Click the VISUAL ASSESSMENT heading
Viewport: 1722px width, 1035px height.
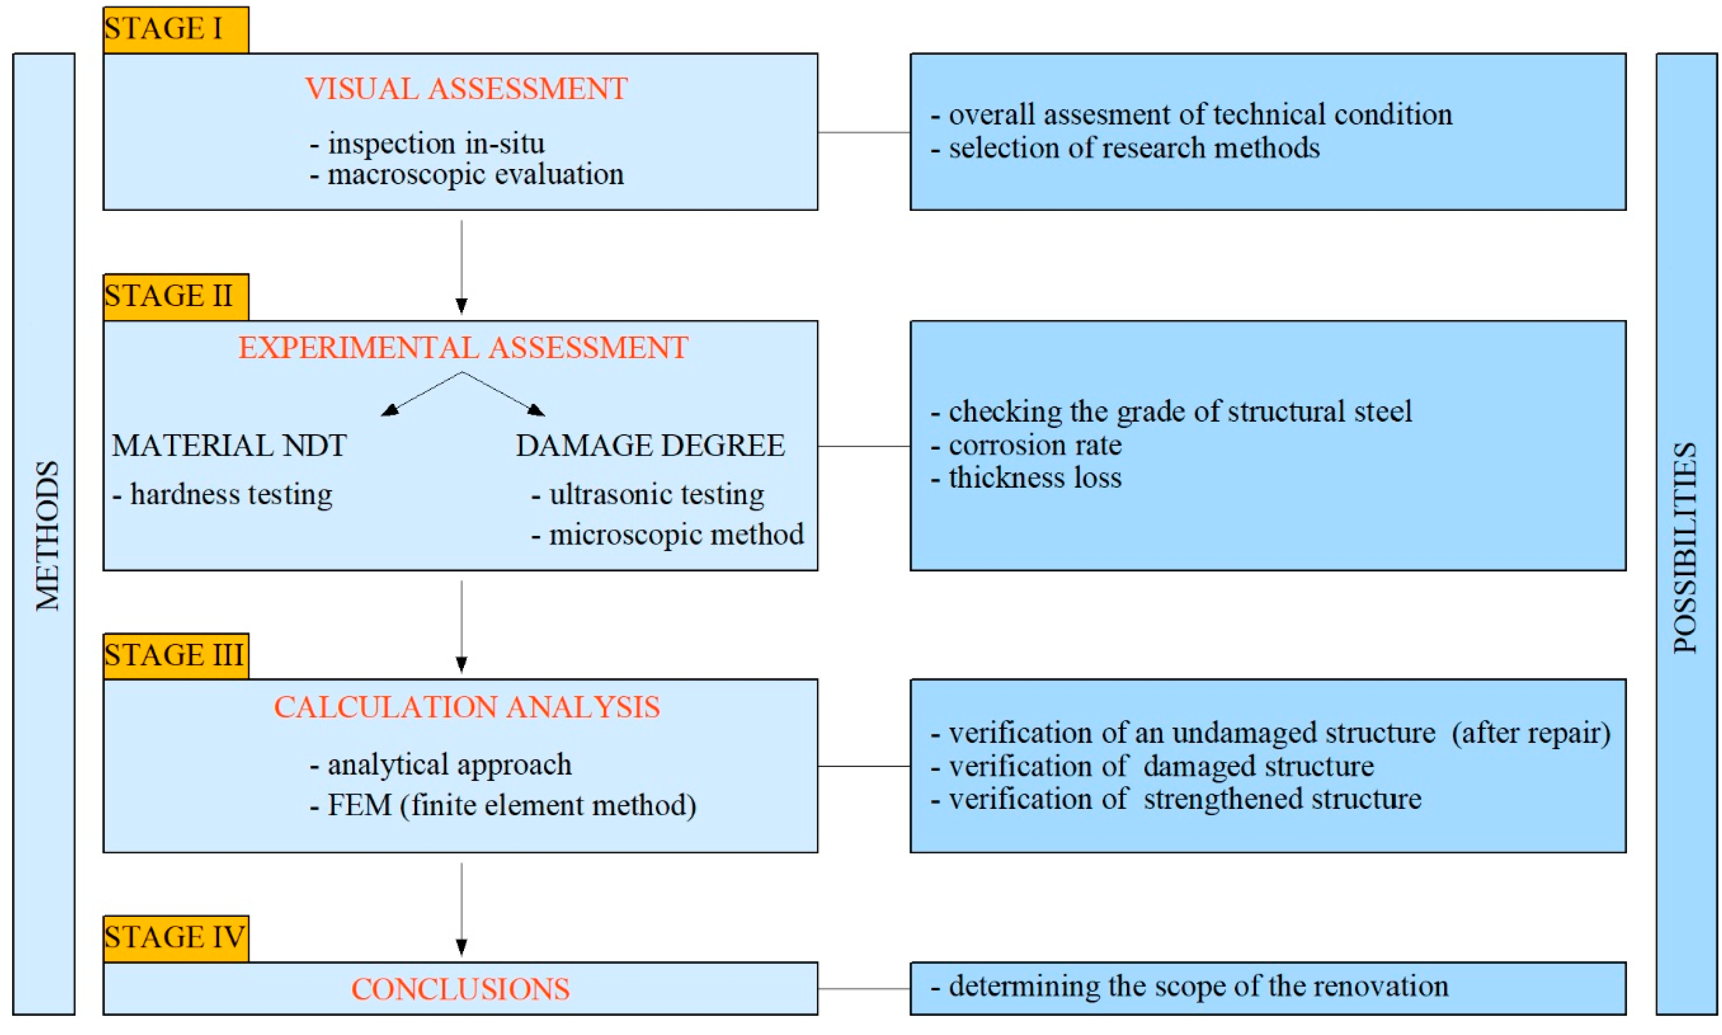pos(466,89)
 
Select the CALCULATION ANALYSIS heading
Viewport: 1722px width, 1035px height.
pos(467,707)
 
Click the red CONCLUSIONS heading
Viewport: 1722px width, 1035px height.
pos(460,989)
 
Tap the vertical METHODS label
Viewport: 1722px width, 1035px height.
pos(47,536)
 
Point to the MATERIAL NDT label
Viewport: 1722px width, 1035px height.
pos(229,446)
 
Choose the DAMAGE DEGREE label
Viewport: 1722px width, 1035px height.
pos(650,446)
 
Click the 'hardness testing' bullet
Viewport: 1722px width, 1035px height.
pos(223,495)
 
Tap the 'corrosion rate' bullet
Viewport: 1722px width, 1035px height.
pos(1027,445)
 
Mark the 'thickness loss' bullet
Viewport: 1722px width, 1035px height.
pos(1027,478)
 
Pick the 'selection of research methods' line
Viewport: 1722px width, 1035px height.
pos(1126,148)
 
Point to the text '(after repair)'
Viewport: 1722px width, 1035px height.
pos(1531,733)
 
